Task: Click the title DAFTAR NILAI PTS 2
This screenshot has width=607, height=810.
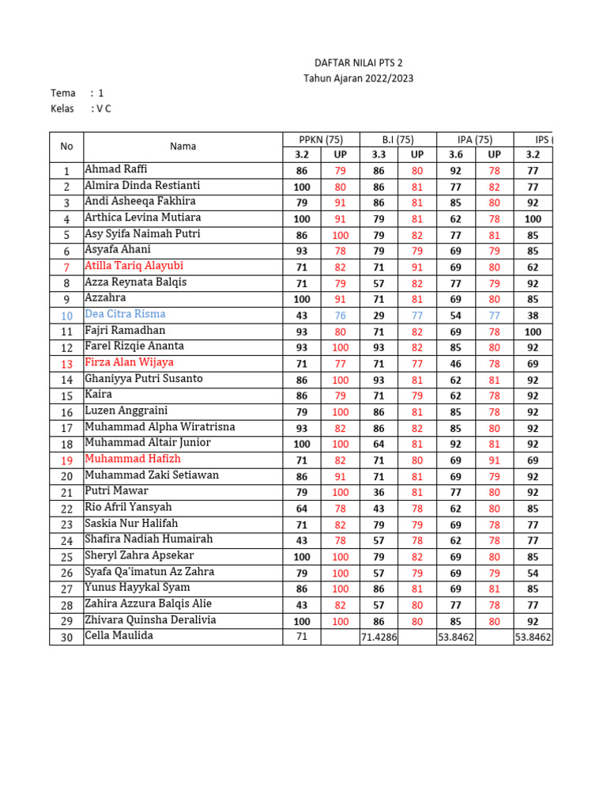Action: pos(358,63)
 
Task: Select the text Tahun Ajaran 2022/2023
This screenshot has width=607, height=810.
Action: pos(358,78)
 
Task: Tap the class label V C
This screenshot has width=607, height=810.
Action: pos(103,108)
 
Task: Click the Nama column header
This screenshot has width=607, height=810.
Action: pos(183,146)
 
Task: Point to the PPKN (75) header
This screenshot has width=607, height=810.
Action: pos(321,140)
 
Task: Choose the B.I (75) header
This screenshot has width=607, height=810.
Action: pos(398,140)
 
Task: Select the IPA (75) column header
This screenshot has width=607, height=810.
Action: pos(475,140)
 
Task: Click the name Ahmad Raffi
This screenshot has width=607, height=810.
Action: pos(115,169)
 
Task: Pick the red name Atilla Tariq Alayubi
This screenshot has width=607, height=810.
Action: pos(134,266)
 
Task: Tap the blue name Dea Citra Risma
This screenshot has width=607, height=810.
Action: pos(125,314)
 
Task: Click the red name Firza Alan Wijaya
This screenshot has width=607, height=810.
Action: pos(129,362)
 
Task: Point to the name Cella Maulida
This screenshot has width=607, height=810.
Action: pos(119,636)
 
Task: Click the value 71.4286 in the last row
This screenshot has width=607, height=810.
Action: pos(379,637)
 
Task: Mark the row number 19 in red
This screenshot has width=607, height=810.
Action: pos(66,460)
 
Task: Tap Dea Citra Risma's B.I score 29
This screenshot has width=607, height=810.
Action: pos(379,315)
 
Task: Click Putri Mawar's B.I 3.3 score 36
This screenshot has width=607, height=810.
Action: pos(379,492)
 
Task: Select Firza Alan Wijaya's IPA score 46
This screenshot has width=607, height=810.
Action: pos(455,363)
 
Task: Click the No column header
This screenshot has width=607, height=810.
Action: pos(66,146)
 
